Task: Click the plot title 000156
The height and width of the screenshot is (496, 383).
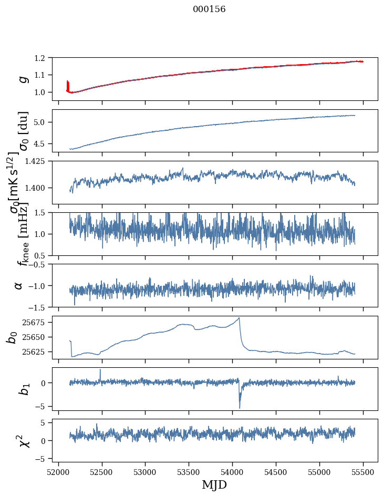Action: pyautogui.click(x=209, y=9)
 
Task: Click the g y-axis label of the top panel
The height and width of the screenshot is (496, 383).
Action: pyautogui.click(x=22, y=79)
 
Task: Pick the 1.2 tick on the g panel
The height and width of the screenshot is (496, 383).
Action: pyautogui.click(x=45, y=58)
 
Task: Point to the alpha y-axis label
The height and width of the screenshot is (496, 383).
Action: pyautogui.click(x=18, y=285)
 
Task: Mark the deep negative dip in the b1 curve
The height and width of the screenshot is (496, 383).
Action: pyautogui.click(x=240, y=408)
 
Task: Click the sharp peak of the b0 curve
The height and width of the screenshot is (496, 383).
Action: pyautogui.click(x=239, y=318)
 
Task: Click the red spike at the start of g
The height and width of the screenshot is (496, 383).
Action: pyautogui.click(x=68, y=84)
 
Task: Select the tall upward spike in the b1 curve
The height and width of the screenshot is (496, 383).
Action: pyautogui.click(x=100, y=369)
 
